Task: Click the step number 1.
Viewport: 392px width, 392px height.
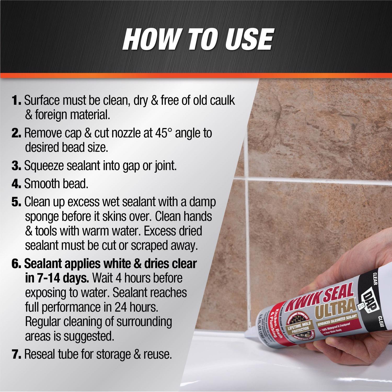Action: [x=16, y=101]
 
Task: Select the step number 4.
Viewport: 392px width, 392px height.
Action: [x=16, y=184]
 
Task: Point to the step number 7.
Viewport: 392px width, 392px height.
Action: [x=16, y=354]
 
